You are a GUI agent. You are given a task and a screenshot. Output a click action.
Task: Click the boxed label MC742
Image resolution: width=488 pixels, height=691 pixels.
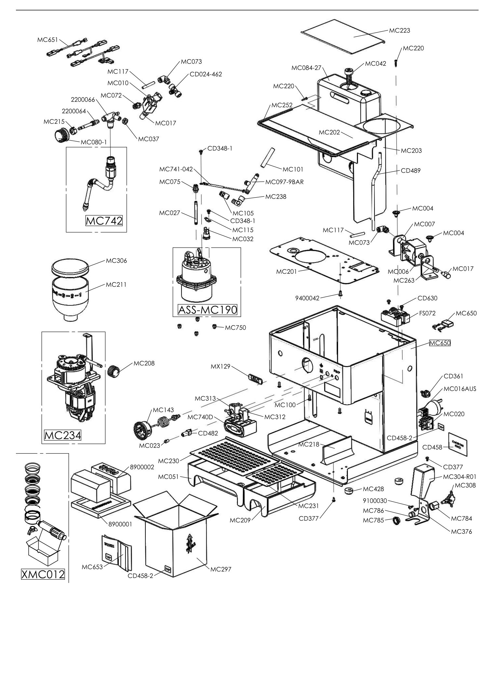[104, 221]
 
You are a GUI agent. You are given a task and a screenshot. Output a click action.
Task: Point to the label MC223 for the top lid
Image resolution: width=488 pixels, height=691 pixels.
[399, 31]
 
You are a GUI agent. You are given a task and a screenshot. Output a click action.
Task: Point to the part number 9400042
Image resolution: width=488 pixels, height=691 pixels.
[307, 298]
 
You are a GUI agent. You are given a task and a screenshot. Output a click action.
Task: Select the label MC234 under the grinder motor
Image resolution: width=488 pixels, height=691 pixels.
[62, 435]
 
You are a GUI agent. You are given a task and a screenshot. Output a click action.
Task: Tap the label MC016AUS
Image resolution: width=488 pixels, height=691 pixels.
[460, 389]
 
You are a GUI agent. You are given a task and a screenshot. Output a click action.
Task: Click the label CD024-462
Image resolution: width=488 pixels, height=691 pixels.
[206, 74]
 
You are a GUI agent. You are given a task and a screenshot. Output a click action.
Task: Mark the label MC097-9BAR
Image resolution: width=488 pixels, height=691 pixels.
[284, 182]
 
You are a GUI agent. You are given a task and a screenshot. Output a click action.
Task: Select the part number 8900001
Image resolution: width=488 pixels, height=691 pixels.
[120, 524]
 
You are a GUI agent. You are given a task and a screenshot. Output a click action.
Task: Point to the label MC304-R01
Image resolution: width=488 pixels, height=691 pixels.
[460, 477]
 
